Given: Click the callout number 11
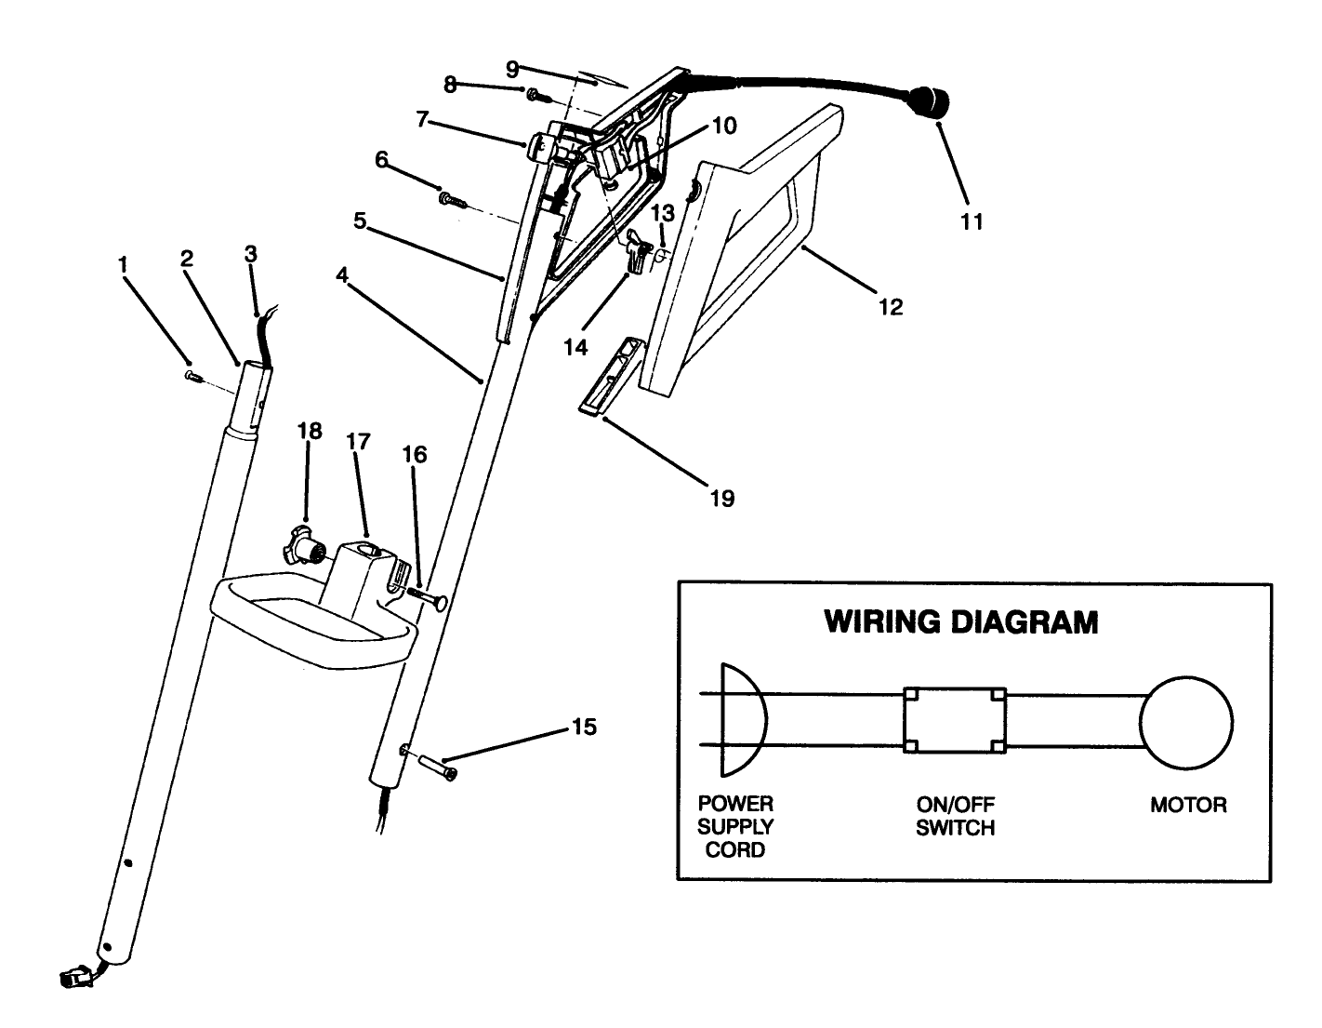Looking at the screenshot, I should [972, 221].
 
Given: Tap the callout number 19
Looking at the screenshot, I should [721, 499].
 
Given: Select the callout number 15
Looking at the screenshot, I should [584, 727].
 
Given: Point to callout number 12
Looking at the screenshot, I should [890, 307].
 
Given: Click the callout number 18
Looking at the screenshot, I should [310, 431].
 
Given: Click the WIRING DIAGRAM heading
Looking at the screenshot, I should [961, 622].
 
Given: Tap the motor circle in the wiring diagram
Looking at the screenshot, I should [1187, 723].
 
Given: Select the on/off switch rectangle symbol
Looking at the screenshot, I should [955, 722].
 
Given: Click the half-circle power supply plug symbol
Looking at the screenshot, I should [741, 722].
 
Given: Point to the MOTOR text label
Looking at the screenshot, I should [1188, 806].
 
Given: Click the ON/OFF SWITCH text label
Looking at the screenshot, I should [955, 816].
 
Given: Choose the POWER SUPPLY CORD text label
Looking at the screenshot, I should [735, 826].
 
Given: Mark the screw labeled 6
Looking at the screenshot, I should [451, 198].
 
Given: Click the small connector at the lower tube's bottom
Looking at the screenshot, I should [72, 978].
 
